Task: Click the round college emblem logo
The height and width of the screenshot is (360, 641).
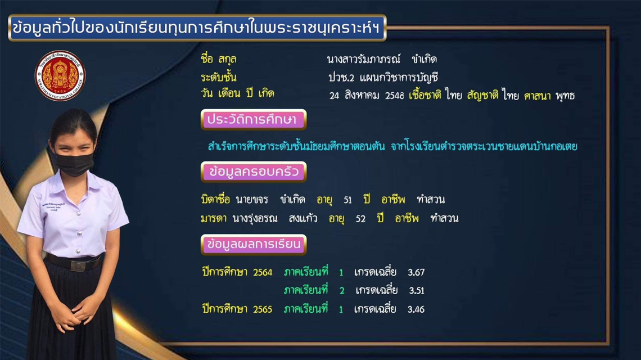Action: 60,76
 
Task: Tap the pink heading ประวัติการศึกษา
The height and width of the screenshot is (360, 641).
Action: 254,119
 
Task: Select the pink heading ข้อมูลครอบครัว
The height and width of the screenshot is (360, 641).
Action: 254,172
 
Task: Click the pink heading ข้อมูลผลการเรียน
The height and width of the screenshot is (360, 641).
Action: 254,244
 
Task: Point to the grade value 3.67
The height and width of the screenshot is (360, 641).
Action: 416,272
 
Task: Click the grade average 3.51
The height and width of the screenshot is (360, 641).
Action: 417,290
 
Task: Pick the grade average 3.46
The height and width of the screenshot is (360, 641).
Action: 416,309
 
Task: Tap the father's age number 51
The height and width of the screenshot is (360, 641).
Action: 348,200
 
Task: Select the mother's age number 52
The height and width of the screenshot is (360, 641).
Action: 360,219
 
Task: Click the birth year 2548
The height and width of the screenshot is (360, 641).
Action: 395,96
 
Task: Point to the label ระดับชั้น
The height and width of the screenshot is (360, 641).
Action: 218,77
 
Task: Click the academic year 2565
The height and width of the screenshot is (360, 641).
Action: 263,309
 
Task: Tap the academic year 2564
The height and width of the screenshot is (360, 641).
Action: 263,272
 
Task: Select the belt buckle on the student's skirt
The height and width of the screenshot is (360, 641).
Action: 78,265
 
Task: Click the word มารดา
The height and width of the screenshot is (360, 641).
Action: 214,219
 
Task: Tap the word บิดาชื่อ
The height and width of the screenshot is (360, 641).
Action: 215,199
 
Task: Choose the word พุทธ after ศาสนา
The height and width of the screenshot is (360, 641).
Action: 565,96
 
